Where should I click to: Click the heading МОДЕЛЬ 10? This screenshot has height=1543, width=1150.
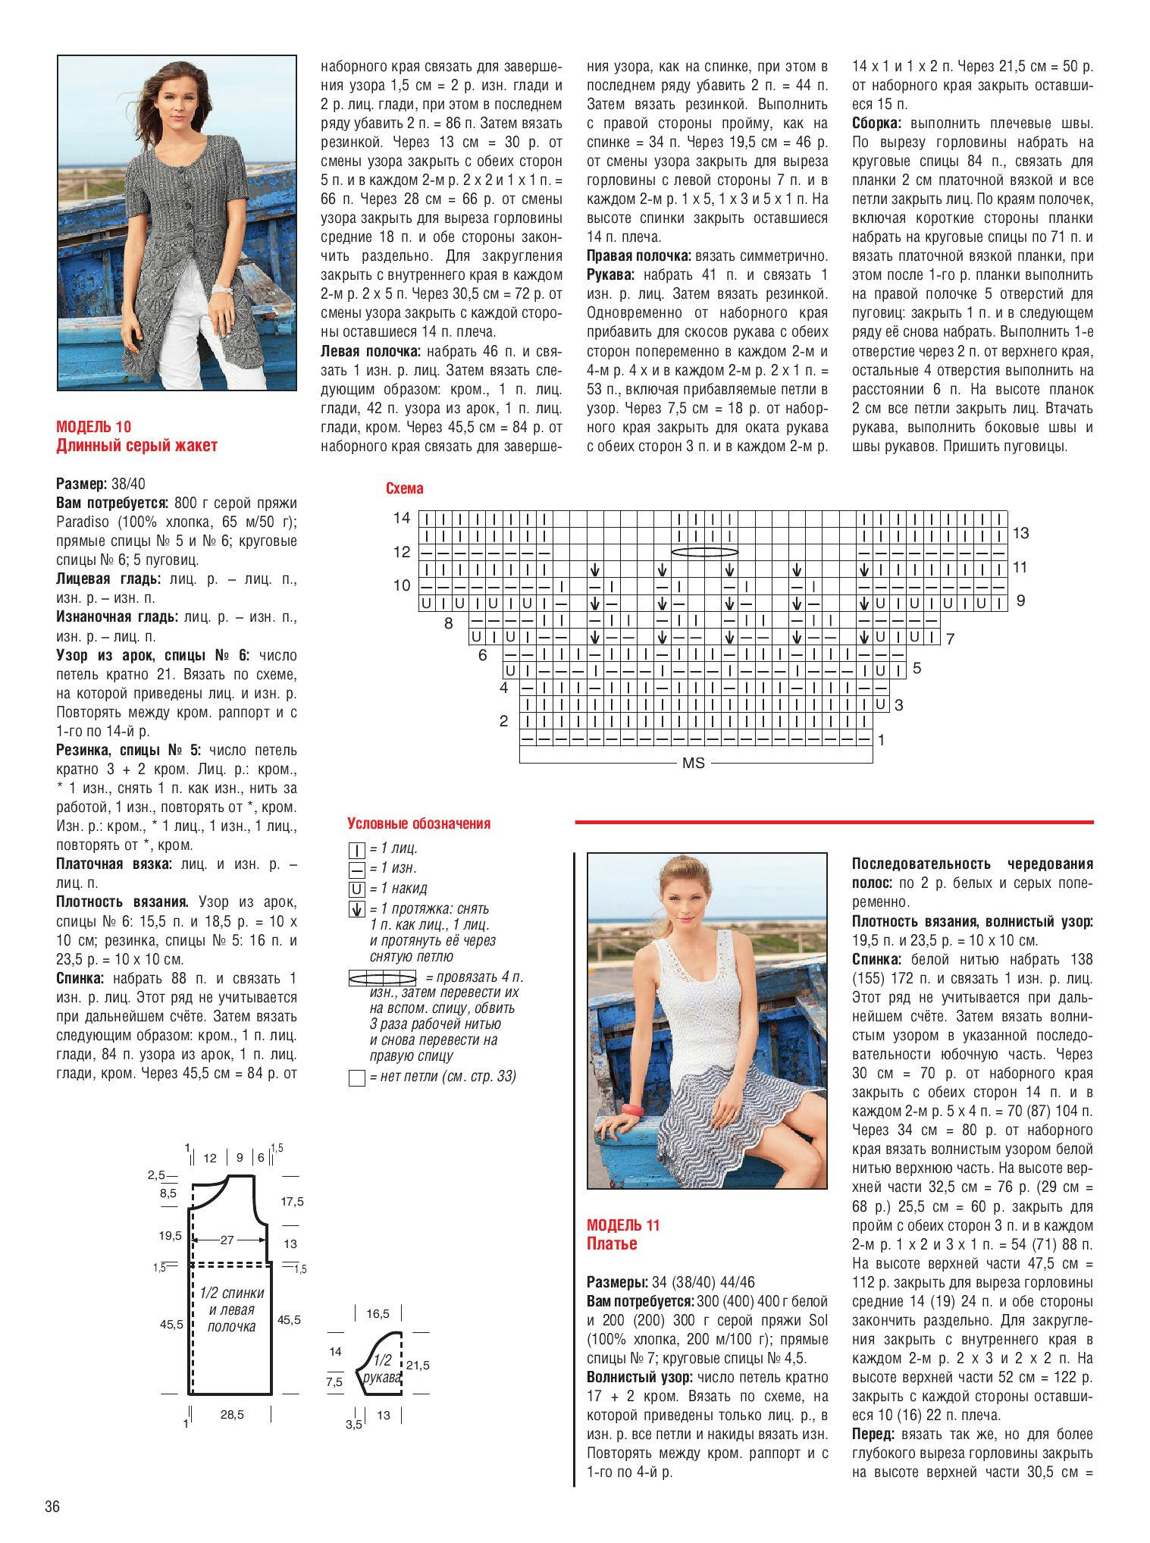(x=93, y=427)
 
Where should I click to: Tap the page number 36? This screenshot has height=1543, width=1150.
(x=52, y=1506)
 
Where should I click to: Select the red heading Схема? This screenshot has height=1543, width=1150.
(x=405, y=489)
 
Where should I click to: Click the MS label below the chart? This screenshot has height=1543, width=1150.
(x=694, y=764)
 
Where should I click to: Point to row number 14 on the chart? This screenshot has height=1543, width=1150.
(x=402, y=519)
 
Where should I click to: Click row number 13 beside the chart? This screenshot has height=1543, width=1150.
(x=1020, y=533)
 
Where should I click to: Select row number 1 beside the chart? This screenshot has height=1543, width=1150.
(x=882, y=739)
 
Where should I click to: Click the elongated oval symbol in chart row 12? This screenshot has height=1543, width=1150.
(x=705, y=552)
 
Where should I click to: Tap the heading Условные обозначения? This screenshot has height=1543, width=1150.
(x=418, y=823)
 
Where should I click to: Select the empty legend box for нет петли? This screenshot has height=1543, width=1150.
(x=357, y=1077)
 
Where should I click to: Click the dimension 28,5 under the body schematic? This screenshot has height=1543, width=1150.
(x=232, y=1415)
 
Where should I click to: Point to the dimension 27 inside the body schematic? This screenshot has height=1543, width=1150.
(x=227, y=1240)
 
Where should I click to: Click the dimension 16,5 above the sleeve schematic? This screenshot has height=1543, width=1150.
(x=378, y=1313)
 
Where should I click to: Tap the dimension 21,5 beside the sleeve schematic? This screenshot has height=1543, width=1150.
(x=418, y=1366)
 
